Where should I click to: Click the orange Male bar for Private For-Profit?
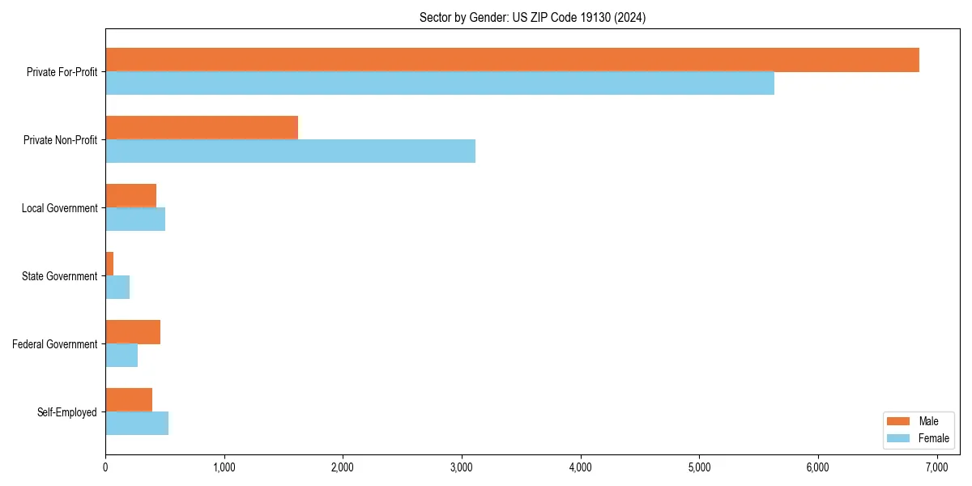tap(512, 60)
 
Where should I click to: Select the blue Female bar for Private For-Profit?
tap(440, 83)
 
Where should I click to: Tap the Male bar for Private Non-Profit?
tap(202, 128)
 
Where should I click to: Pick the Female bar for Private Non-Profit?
tap(290, 151)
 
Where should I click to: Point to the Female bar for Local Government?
tap(135, 220)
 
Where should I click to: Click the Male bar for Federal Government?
tap(133, 332)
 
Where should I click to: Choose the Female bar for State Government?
tap(117, 288)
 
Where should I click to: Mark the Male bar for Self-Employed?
tap(129, 400)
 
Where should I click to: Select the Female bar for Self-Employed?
tap(137, 424)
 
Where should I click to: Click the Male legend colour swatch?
tap(899, 421)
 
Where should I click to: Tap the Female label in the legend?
tap(934, 438)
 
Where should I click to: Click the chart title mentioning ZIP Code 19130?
tap(532, 17)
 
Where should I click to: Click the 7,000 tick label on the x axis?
tap(937, 467)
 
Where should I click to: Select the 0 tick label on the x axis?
tap(105, 467)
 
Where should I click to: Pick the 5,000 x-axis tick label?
tap(699, 467)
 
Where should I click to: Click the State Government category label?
tap(59, 276)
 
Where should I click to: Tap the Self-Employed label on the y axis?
tap(67, 412)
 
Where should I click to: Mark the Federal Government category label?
tap(55, 344)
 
